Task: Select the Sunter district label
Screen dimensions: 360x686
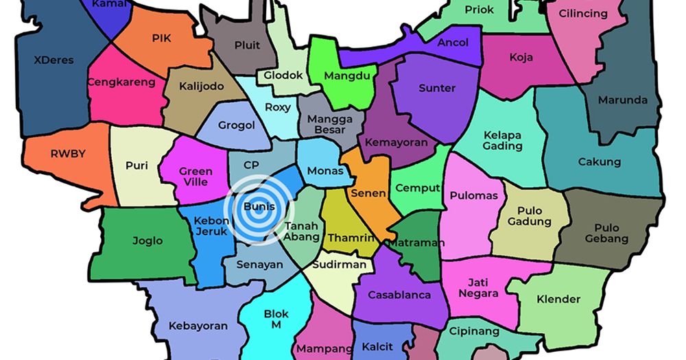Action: tap(437, 88)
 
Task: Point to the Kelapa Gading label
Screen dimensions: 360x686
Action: tap(503, 140)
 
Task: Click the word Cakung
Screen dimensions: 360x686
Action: tap(599, 163)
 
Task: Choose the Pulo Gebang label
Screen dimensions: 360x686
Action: tap(606, 233)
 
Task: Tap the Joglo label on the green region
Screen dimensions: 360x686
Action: tap(147, 241)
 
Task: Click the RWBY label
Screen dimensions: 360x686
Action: tap(68, 154)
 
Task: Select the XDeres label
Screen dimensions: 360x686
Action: tap(54, 60)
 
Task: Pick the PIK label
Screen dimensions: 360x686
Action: tap(161, 38)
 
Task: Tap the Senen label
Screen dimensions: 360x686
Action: tap(368, 193)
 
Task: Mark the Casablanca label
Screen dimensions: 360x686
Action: tap(399, 295)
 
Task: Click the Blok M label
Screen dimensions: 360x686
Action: tap(276, 320)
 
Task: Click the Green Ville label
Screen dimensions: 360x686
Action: tap(196, 177)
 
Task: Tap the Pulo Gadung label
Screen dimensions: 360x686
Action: tap(529, 216)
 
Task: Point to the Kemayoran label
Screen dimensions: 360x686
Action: tap(397, 143)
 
